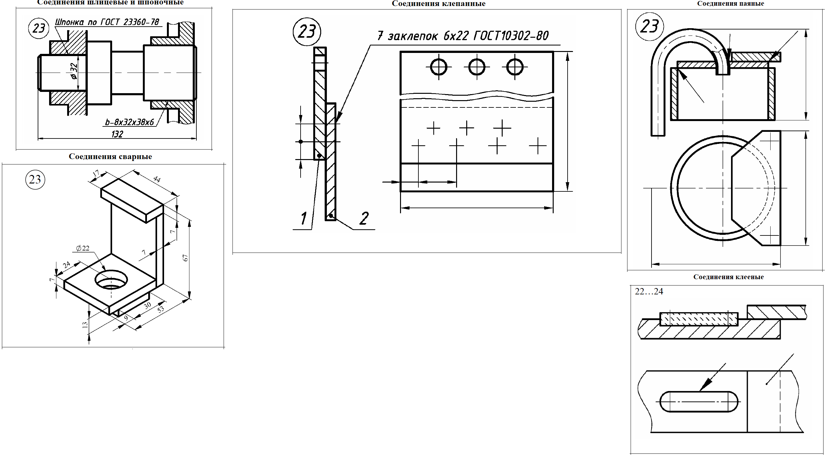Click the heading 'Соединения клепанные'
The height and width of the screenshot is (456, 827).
point(439,3)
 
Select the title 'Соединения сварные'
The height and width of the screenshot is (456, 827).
point(110,157)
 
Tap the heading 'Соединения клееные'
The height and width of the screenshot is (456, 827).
point(728,277)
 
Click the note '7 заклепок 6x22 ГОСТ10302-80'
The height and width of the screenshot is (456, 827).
point(463,35)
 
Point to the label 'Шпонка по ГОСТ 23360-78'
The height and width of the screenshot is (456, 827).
point(107,22)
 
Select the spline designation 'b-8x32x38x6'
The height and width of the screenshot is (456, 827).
point(130,122)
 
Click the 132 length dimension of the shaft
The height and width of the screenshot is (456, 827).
point(117,134)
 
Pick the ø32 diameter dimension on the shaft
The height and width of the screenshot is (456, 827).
point(74,71)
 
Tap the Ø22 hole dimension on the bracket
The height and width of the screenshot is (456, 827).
point(82,248)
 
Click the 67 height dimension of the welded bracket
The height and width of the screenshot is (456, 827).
point(185,258)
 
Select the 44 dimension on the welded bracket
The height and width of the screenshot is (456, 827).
point(157,179)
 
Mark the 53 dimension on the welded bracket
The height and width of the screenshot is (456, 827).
point(161,309)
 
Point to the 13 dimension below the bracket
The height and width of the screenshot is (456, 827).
point(85,325)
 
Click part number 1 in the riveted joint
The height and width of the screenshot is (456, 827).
point(303,218)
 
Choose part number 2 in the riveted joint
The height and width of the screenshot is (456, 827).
point(364,218)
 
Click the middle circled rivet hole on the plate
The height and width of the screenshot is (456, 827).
point(477,67)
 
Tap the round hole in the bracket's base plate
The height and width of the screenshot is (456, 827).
point(111,279)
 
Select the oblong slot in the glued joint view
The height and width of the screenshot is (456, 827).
point(699,401)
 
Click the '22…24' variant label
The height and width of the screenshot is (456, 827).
point(649,291)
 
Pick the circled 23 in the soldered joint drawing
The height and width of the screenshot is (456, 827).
point(649,27)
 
